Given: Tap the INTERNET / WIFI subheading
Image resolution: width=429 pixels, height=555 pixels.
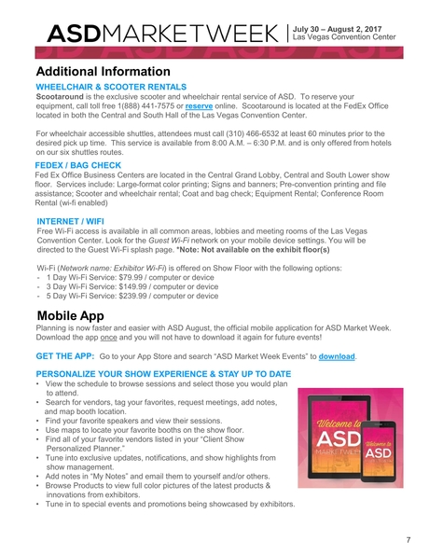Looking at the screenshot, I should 75,221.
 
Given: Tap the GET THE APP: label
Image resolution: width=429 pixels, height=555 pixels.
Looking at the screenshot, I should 64,356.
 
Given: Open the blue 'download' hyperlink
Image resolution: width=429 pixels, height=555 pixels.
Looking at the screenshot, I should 335,356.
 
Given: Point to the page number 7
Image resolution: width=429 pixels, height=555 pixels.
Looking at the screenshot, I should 408,541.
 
